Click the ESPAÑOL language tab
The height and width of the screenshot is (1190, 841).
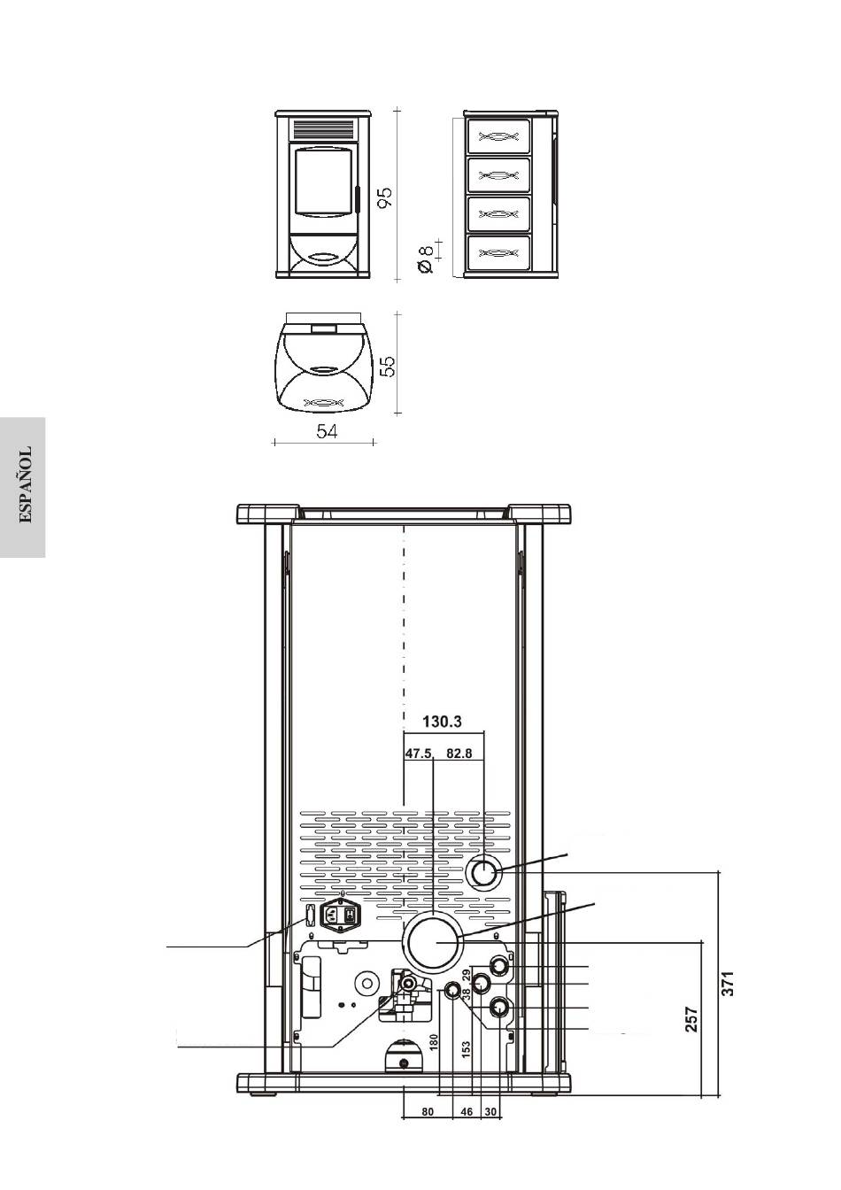click(25, 484)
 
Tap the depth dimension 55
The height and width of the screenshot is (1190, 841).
click(389, 366)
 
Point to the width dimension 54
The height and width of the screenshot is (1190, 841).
click(327, 431)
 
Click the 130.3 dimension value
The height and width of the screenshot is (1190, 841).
click(442, 722)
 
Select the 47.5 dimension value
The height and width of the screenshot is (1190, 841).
click(419, 753)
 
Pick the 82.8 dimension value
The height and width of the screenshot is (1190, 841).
click(459, 753)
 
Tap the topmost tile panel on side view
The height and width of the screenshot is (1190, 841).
click(498, 136)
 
